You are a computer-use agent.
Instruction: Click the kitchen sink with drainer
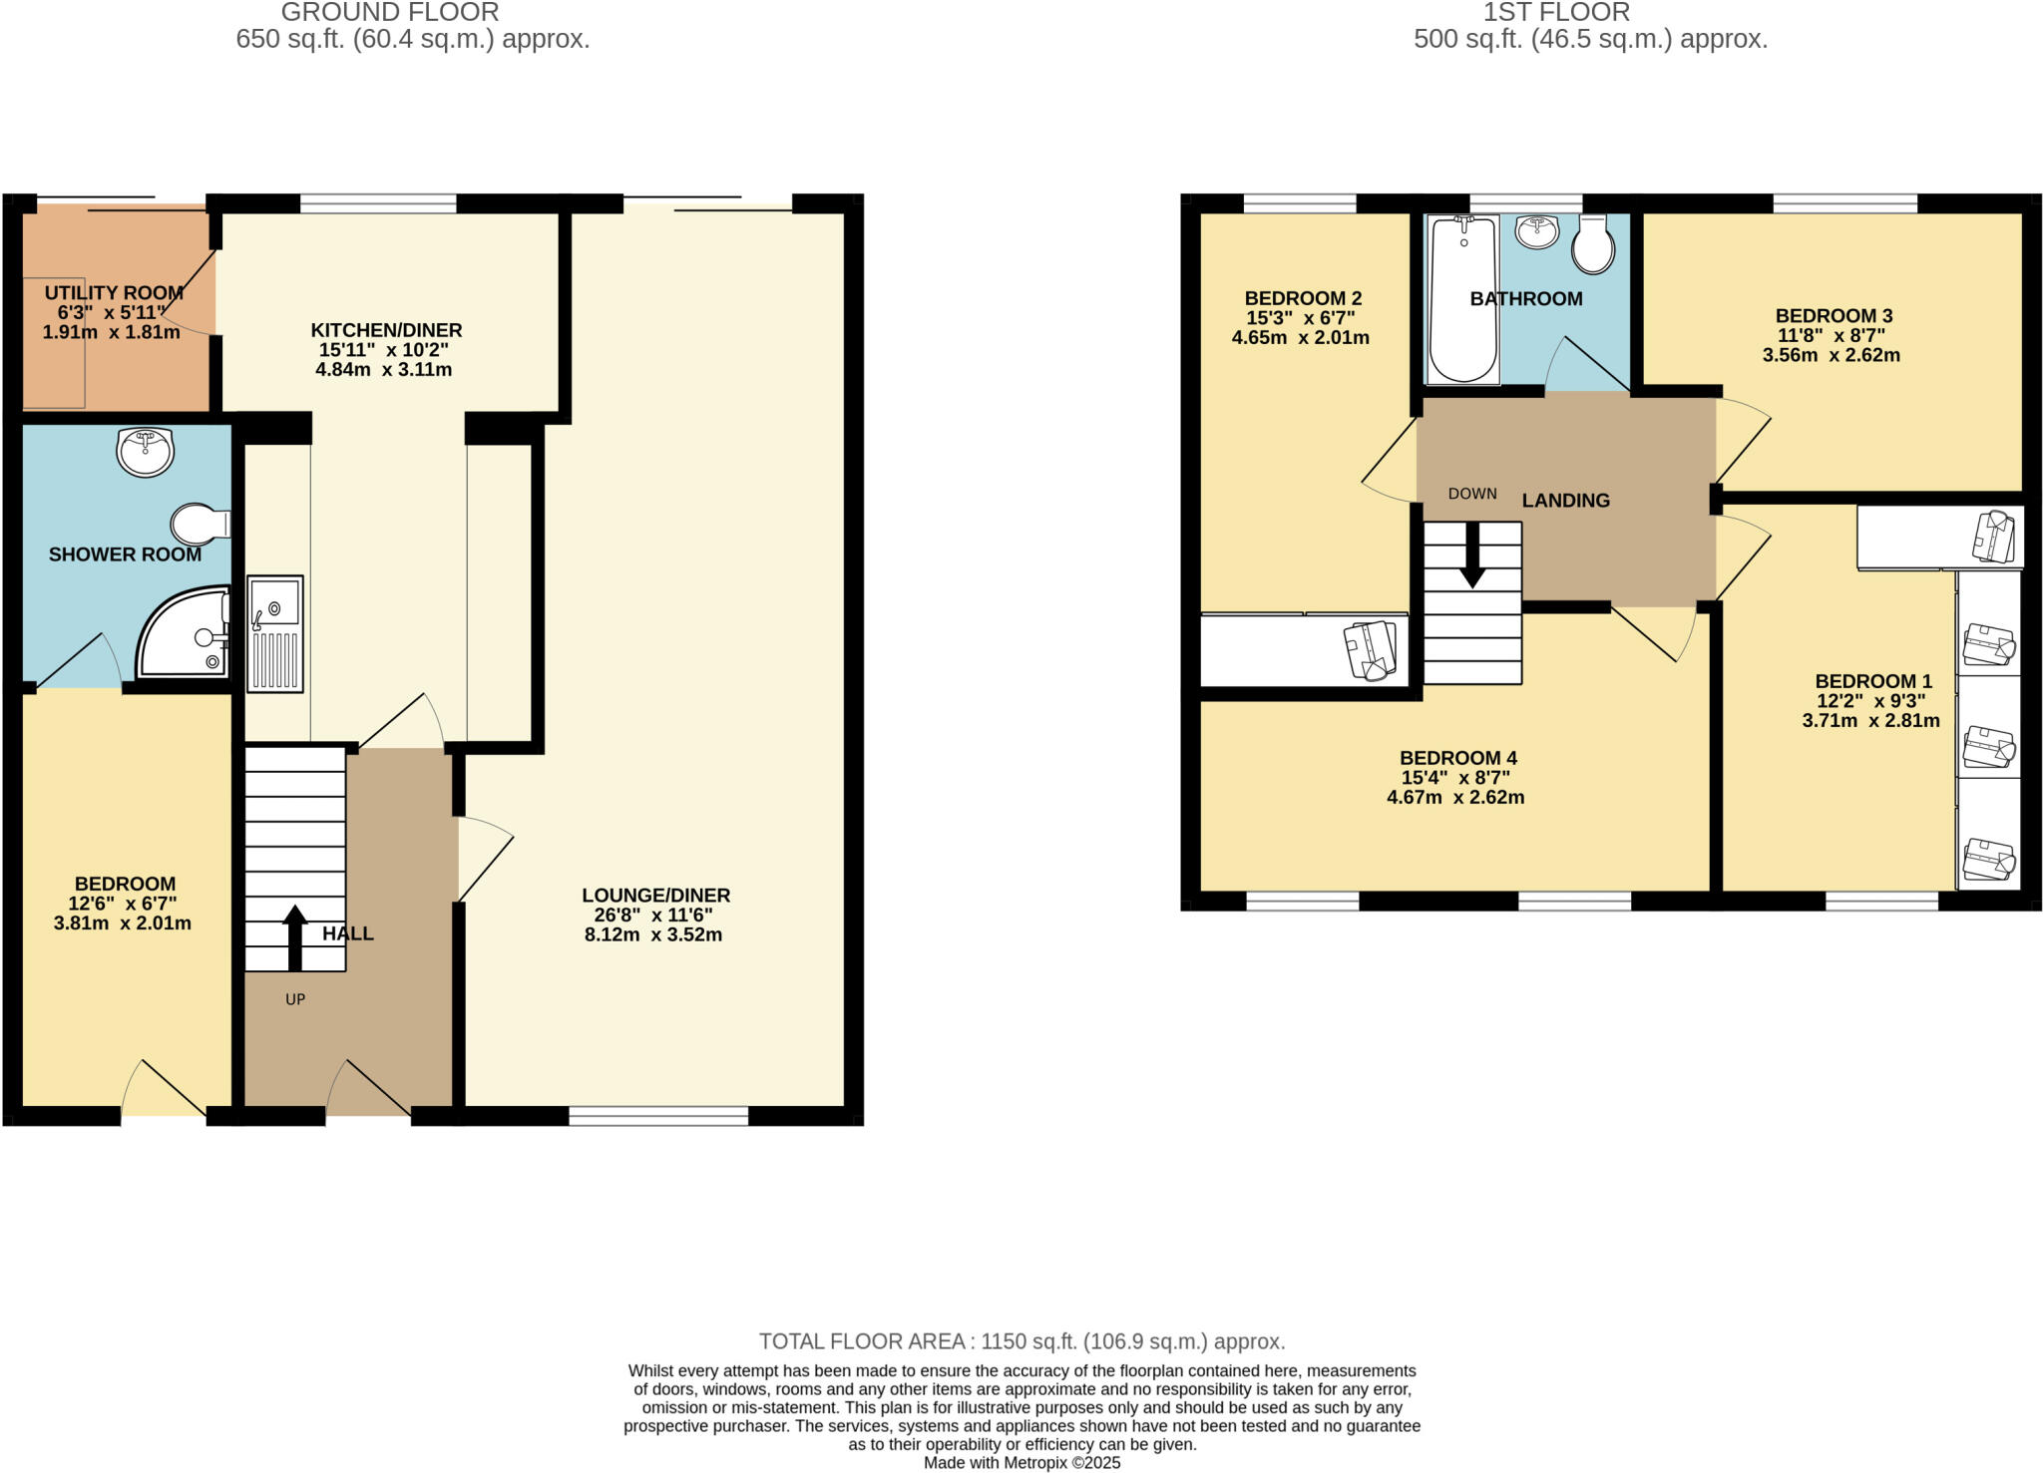tap(275, 633)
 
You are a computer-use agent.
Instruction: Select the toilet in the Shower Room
tap(200, 524)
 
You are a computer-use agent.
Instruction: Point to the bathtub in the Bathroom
tap(1463, 299)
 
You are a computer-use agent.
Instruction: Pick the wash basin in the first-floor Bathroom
tap(1537, 232)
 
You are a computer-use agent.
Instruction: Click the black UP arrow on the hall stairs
tap(294, 937)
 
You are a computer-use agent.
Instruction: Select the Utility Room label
tap(114, 293)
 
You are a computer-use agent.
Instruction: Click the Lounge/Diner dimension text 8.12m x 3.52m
tap(653, 935)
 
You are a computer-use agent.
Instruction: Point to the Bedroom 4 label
tap(1457, 758)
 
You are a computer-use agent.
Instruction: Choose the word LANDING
tap(1565, 501)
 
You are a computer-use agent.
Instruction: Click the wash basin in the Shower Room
tap(146, 452)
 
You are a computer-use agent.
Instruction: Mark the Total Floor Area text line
tap(1021, 1341)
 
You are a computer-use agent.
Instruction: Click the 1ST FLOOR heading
tap(1556, 13)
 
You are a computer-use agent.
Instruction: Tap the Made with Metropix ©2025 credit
tap(1021, 1463)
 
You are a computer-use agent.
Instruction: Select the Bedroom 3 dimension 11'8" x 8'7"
tap(1831, 336)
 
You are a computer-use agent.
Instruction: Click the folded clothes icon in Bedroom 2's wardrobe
tap(1370, 650)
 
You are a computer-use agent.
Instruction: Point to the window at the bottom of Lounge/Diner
tap(658, 1116)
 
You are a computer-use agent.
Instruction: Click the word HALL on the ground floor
tap(348, 933)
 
